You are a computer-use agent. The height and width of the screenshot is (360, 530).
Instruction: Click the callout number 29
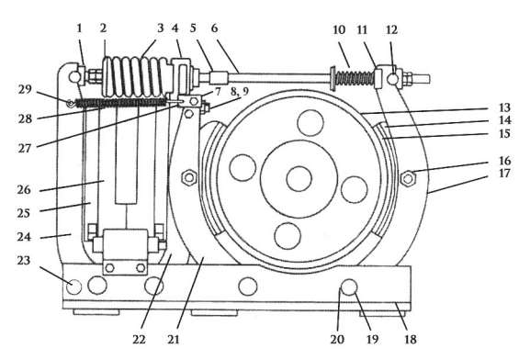coord(25,90)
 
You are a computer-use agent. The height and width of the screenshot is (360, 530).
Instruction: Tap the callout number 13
coord(504,107)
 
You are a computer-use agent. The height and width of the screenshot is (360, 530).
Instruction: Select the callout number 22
coord(139,339)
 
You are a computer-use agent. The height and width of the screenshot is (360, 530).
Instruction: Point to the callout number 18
coord(411,339)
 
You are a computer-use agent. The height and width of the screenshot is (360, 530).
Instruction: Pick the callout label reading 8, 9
coord(240,92)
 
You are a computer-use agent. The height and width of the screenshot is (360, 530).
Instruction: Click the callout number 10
coord(339,29)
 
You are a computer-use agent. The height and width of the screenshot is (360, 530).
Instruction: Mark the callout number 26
coord(24,189)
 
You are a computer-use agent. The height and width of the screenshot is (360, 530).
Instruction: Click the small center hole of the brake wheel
coord(299,179)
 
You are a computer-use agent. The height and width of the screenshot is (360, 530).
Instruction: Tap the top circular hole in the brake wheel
coord(310,123)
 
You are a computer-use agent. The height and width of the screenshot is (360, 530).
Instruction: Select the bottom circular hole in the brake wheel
coord(288,236)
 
